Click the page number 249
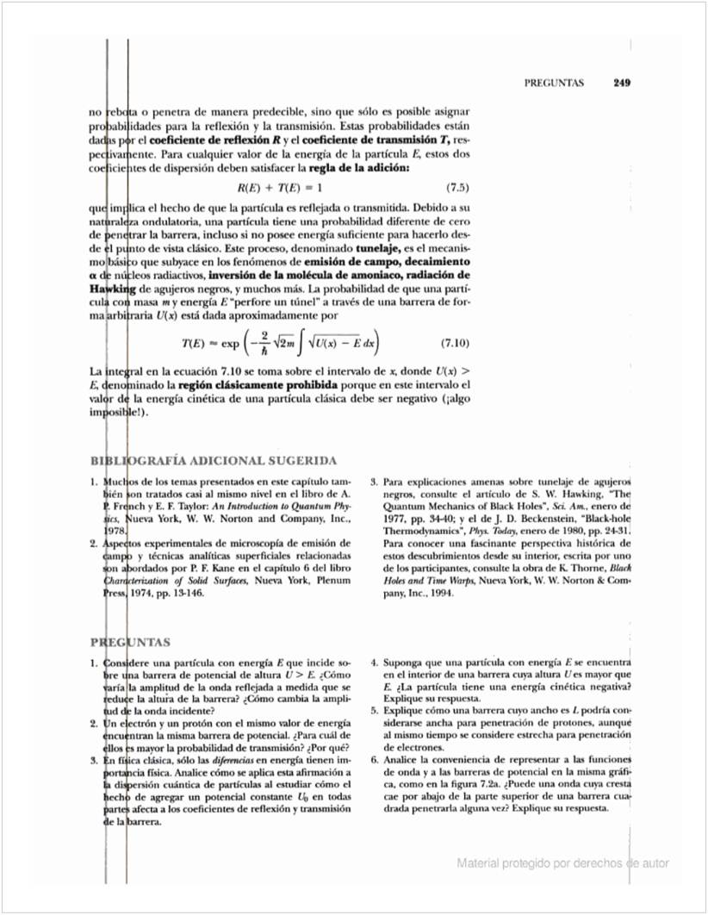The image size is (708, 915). click(x=622, y=84)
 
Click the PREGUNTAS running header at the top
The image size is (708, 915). click(x=554, y=84)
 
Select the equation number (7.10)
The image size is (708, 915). click(x=454, y=344)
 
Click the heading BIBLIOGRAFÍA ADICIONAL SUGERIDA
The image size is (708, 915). click(x=214, y=461)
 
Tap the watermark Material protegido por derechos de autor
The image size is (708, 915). click(x=562, y=863)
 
